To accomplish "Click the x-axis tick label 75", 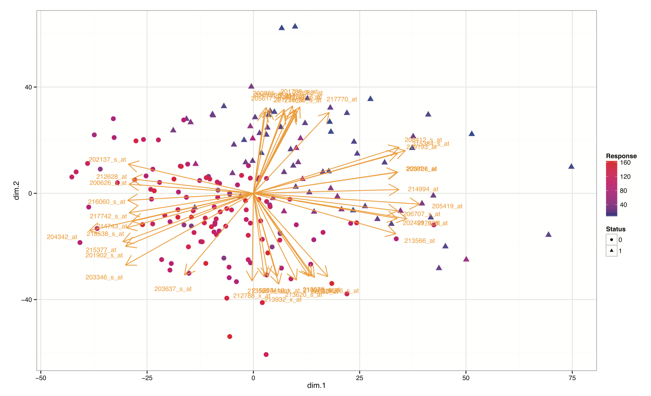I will pos(572,378).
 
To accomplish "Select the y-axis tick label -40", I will pos(26,299).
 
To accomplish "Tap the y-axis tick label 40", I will pos(28,87).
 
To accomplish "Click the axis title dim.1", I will pos(316,385).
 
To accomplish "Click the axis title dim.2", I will pos(16,190).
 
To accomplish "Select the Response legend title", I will pos(621,156).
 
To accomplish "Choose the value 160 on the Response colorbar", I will pos(625,163).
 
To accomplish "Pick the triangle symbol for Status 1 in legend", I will pos(611,251).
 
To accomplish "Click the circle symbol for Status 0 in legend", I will pos(611,240).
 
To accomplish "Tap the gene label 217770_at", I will pos(342,99).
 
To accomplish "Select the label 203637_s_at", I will pos(173,289).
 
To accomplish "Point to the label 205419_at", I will pos(447,206).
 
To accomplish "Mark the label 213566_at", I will pos(419,241).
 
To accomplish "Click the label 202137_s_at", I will pos(107,160).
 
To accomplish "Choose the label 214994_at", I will pos(423,189).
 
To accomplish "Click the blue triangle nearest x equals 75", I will pos(571,166).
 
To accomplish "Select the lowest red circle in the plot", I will pos(266,354).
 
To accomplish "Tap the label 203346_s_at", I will pos(104,277).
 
